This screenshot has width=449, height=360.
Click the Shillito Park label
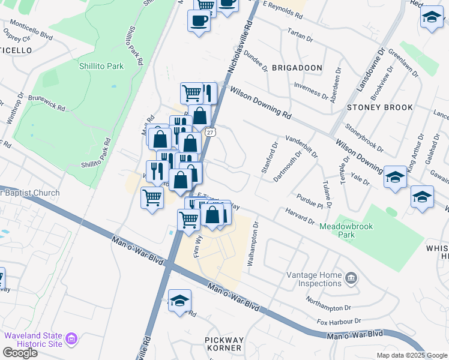[101, 66]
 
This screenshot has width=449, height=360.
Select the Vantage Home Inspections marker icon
[352, 278]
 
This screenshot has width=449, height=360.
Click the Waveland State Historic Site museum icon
[72, 339]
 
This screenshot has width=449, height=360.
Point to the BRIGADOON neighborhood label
[297, 68]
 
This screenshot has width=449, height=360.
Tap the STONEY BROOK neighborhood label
[380, 107]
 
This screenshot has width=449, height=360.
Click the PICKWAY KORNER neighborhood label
[223, 343]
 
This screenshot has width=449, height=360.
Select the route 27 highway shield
[209, 131]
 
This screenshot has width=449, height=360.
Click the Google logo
[20, 353]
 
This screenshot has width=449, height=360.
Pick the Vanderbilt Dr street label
[301, 145]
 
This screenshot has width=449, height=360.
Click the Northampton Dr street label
[327, 303]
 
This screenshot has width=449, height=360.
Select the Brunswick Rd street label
[46, 102]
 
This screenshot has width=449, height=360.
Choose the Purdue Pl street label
[309, 200]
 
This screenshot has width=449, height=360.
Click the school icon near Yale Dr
[394, 178]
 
